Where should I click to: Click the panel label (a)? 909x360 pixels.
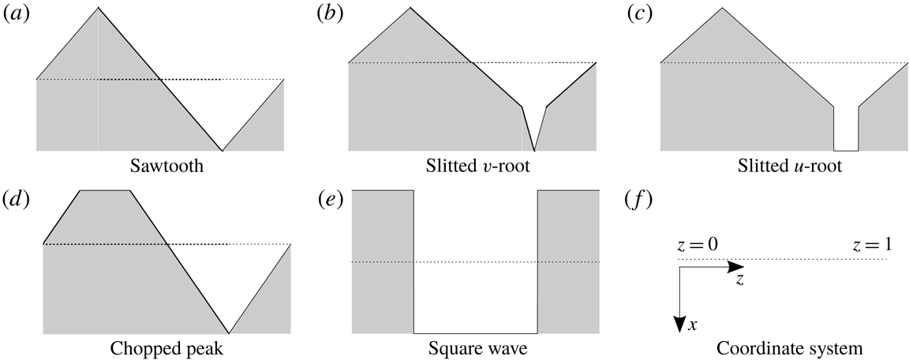pos(15,14)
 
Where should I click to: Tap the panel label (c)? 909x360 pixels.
pos(638,14)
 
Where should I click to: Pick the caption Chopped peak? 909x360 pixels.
pos(166,348)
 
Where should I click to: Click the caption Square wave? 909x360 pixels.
pos(475,348)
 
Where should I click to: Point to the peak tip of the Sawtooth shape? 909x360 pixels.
pos(99,9)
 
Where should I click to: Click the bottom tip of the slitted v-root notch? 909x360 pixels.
pos(534,149)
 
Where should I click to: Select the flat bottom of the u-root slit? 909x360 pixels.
pos(846,150)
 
